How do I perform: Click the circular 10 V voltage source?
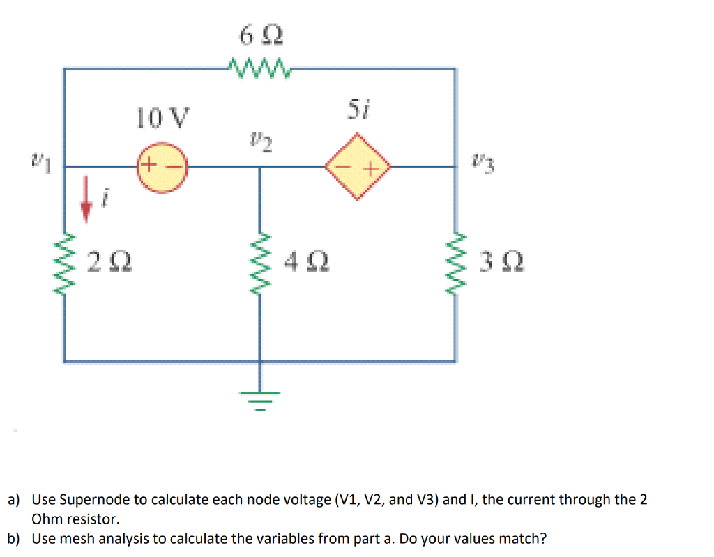coord(162,167)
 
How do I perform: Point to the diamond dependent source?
coord(358,167)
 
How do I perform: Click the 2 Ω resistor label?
coord(111,264)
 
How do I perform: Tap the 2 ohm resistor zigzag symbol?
coord(66,264)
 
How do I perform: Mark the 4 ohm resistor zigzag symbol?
coord(261,264)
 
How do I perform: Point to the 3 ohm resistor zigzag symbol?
coord(457,264)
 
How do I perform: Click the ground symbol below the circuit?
coord(261,399)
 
